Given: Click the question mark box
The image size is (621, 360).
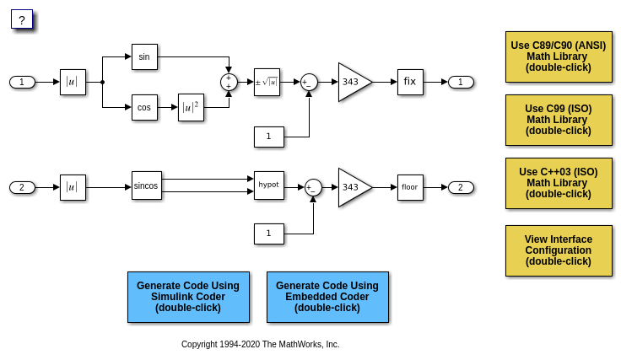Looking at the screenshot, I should coord(21,19).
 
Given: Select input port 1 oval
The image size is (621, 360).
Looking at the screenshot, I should coord(22,82).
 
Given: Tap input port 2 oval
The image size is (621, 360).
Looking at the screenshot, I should coord(22,187).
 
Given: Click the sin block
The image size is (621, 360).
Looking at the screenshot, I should coord(144,56).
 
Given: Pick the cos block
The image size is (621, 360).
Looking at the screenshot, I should coord(144,107).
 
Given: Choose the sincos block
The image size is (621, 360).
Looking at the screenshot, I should coord(146,185).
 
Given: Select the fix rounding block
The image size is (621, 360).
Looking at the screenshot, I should coord(410,82).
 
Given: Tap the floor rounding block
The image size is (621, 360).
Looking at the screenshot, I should coord(410,187).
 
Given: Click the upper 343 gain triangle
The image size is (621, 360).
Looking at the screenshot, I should coord(352,82).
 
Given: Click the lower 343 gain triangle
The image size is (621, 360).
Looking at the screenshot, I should coord(352,187).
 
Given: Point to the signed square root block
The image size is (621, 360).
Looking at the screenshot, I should coord(267,82).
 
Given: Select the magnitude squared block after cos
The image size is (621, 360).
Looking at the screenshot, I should coord(191,107).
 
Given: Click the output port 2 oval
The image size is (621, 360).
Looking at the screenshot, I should coord(461,187).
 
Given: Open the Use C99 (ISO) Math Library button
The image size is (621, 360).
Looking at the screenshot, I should coord(559,120).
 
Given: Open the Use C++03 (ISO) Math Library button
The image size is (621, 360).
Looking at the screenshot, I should coord(559,183).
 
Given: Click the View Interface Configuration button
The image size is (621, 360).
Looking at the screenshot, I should coord(559,250).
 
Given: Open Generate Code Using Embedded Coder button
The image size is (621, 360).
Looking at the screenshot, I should coord(327,297).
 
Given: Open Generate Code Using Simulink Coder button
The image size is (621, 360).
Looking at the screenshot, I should coord(188,297).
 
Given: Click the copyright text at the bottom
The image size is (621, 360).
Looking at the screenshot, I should coord(260,344).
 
